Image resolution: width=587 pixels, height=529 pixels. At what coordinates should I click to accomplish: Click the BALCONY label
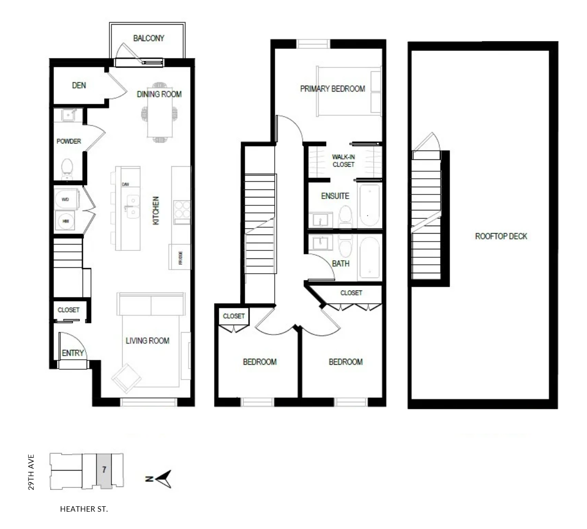point(148,38)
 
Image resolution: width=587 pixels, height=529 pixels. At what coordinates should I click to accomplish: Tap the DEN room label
point(79,85)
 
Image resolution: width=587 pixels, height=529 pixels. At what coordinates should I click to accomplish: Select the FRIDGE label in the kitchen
point(181,258)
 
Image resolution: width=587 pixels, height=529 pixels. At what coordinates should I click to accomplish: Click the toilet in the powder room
point(67,169)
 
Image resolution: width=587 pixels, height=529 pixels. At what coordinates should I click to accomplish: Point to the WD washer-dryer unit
point(67,199)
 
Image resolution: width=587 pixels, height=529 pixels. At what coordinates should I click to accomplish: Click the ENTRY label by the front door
point(73,353)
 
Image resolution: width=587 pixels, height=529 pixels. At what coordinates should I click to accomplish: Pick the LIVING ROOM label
point(147,340)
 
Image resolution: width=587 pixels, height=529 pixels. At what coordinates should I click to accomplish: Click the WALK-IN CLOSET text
point(343,161)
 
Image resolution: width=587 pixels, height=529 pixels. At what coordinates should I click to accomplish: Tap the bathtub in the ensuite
point(370,205)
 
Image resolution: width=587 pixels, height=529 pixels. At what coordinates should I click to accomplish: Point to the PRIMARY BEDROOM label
point(333,89)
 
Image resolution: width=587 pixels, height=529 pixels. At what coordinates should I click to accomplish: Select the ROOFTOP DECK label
point(501,236)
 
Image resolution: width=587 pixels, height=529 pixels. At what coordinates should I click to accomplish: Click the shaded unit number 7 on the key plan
point(104,470)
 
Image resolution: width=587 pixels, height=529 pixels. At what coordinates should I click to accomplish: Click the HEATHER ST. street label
point(84,509)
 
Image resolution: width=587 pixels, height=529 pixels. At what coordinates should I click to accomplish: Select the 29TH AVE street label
point(31,472)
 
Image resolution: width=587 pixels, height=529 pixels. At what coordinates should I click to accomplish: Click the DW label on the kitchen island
point(125,184)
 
